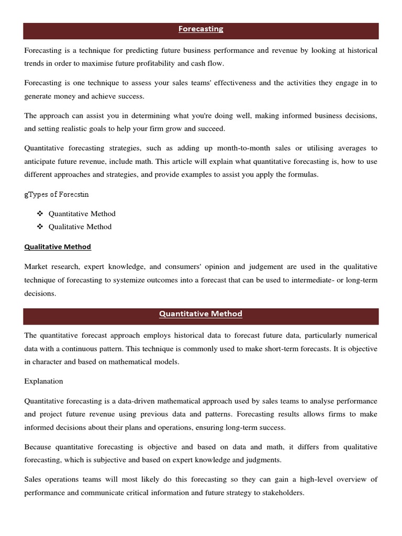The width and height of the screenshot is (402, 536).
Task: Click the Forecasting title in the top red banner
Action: (200, 29)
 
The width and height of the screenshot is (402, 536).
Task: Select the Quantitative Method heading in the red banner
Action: (200, 314)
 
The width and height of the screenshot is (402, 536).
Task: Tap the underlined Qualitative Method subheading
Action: (58, 247)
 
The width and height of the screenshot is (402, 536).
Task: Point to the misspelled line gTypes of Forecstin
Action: (57, 194)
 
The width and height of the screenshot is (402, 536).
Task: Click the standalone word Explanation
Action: (43, 381)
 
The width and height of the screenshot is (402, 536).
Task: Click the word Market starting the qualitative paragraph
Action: (36, 267)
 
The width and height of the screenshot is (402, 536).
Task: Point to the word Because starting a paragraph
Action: (38, 447)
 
